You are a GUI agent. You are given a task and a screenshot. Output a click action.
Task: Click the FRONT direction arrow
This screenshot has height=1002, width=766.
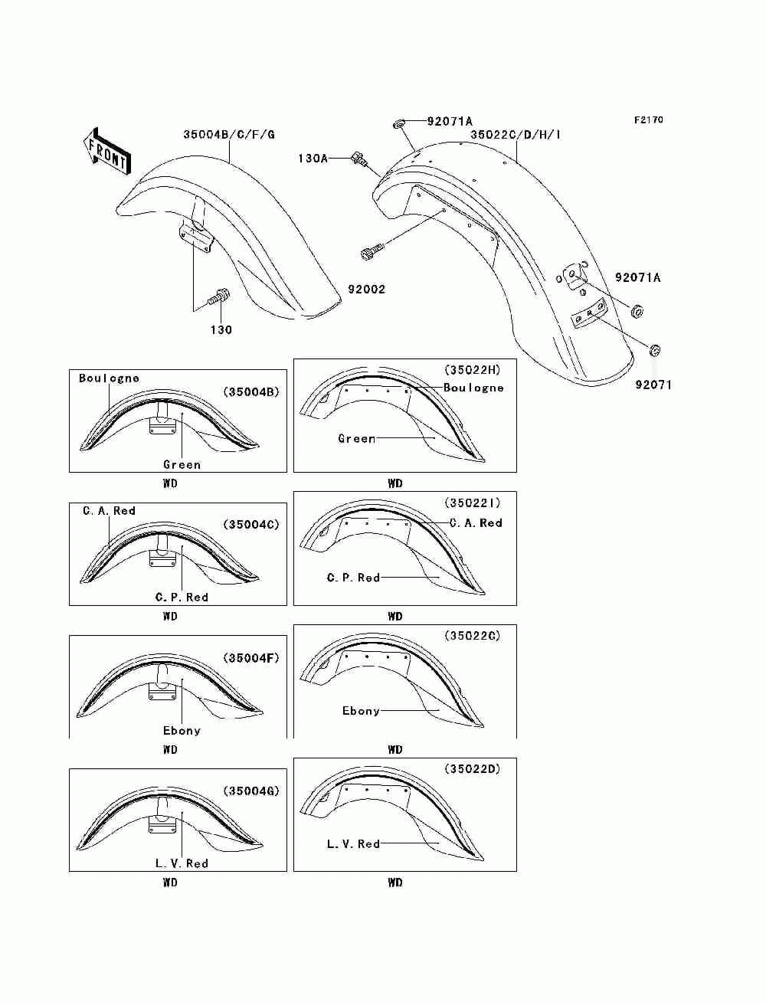point(106,150)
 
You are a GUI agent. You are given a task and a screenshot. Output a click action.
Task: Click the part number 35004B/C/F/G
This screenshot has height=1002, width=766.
point(228,135)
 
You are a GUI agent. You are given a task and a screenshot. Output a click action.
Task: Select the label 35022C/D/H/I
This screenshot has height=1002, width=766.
point(516,135)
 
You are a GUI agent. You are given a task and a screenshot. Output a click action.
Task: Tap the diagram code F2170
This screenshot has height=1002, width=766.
point(648,120)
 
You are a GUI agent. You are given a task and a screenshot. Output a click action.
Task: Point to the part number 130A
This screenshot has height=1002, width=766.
point(313,159)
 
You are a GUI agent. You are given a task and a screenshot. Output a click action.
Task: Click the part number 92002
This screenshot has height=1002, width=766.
point(367,290)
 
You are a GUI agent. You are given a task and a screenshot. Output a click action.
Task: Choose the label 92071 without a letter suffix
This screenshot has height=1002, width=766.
point(653,385)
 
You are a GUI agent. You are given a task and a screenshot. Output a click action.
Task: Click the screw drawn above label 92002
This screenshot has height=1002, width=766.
point(370,252)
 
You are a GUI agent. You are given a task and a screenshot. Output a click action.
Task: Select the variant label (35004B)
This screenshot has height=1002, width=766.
point(251,391)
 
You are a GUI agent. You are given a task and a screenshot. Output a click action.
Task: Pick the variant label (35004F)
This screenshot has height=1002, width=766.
point(251,657)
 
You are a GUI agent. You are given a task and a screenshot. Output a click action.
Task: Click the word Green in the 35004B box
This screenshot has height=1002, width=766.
point(182,464)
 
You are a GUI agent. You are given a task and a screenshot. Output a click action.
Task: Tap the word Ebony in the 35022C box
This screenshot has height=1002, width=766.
point(361,711)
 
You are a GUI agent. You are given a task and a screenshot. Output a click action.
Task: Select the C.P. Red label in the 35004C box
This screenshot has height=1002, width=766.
point(182,598)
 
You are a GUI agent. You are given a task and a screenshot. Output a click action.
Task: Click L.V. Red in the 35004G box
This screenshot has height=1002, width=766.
point(182,863)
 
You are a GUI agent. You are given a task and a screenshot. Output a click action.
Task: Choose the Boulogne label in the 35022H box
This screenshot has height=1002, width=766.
point(473,388)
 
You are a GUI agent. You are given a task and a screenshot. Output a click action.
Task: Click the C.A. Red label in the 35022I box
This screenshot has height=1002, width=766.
point(476,523)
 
